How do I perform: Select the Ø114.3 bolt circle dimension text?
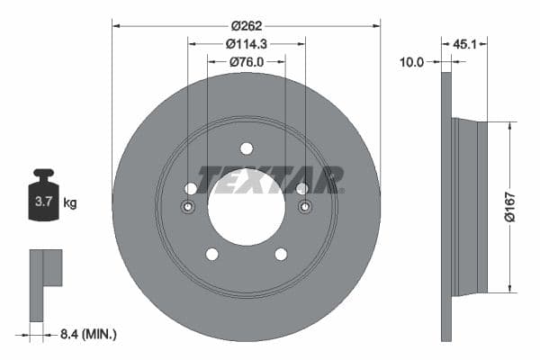(246, 43)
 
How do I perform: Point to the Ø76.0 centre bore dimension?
(246, 61)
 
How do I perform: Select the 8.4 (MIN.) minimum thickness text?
(86, 335)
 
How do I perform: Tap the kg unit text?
(69, 203)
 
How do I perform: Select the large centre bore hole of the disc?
(246, 205)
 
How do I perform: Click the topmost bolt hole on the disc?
(246, 148)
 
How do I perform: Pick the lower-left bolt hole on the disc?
(211, 254)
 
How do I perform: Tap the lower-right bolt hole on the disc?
(281, 254)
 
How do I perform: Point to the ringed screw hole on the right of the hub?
(303, 207)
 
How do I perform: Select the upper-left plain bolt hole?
(191, 188)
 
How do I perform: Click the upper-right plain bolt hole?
(302, 188)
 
